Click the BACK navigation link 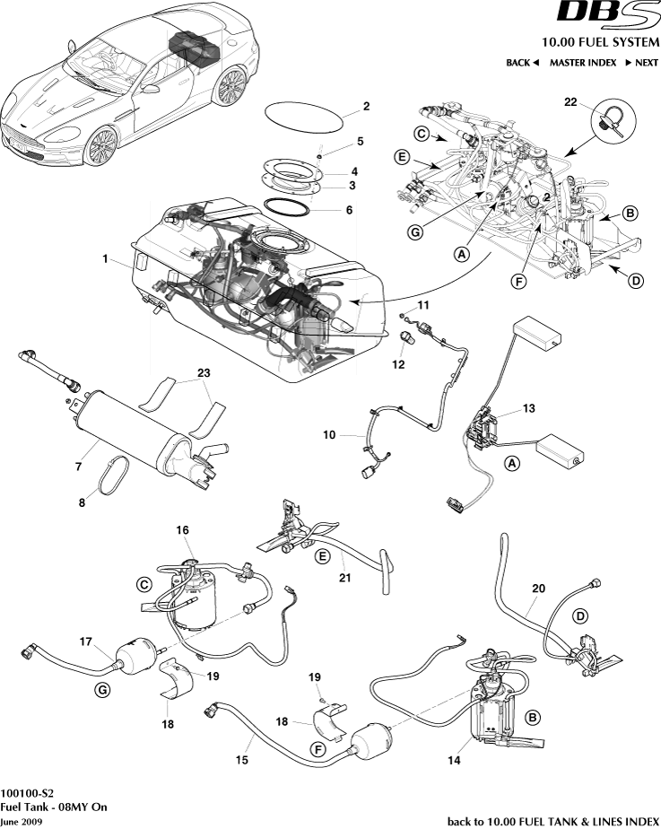[x=522, y=63]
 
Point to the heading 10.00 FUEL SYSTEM [x=600, y=43]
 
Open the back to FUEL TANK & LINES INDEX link [x=552, y=821]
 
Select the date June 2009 [x=21, y=820]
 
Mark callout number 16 [x=182, y=530]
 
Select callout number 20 [x=538, y=589]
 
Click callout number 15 [x=241, y=759]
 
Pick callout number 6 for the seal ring [x=349, y=210]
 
